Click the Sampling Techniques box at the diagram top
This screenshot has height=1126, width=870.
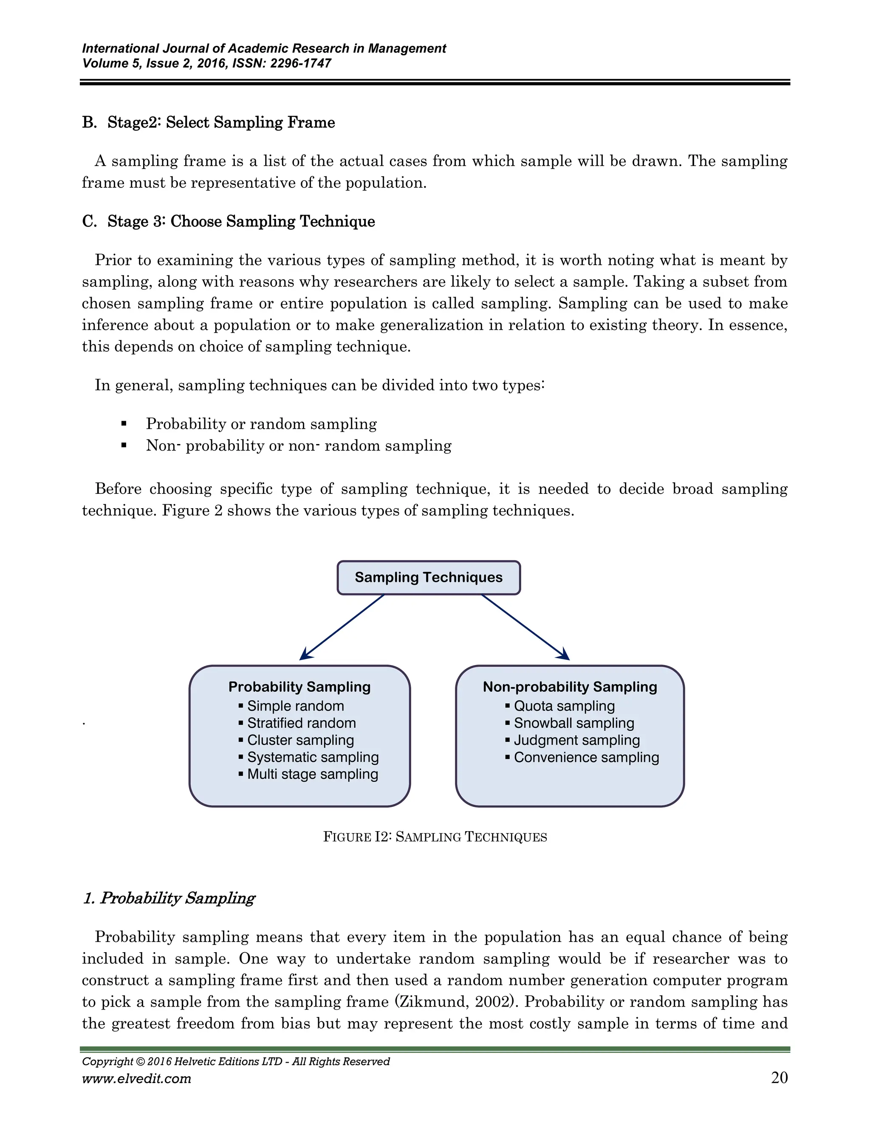tap(428, 577)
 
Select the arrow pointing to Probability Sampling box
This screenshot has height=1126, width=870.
tap(342, 628)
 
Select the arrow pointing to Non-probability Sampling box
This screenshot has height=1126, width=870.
tap(525, 628)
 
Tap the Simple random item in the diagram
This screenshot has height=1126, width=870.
tap(295, 706)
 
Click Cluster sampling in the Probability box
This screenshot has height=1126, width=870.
tap(300, 740)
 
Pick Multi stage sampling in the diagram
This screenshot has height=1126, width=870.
tap(312, 774)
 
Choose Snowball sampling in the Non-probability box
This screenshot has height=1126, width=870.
tap(573, 723)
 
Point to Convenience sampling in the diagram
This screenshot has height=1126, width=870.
tap(586, 757)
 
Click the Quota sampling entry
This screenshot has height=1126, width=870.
tap(564, 706)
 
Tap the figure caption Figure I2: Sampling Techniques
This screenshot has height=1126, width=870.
tap(435, 837)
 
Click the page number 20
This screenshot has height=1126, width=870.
tap(779, 1078)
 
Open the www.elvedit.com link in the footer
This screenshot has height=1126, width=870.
tap(137, 1078)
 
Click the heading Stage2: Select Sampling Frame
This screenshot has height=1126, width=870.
tap(220, 122)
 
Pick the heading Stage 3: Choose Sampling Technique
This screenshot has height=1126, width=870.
tap(241, 221)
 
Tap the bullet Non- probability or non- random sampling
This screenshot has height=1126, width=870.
tap(298, 445)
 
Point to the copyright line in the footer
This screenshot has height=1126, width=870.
tap(235, 1061)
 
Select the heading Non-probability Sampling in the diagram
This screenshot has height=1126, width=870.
tap(570, 687)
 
